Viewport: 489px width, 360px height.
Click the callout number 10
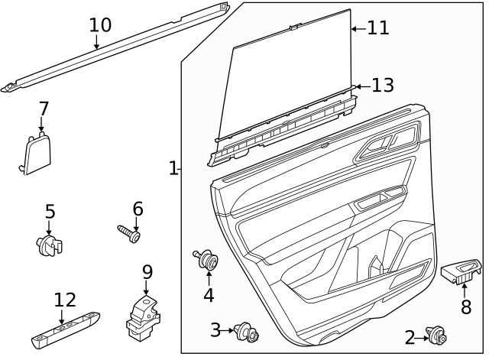point(100,24)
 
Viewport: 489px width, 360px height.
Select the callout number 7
point(44,109)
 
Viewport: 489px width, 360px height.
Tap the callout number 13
point(382,86)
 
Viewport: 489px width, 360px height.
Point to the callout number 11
point(377,28)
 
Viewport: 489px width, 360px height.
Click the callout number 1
point(173,168)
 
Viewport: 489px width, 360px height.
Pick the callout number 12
point(65,300)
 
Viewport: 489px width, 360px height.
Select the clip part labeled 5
point(50,245)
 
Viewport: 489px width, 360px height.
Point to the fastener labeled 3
point(246,332)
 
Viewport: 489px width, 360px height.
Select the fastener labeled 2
point(438,335)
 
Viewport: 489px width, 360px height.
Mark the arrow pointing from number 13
point(361,86)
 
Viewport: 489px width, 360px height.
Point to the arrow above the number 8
point(464,290)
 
